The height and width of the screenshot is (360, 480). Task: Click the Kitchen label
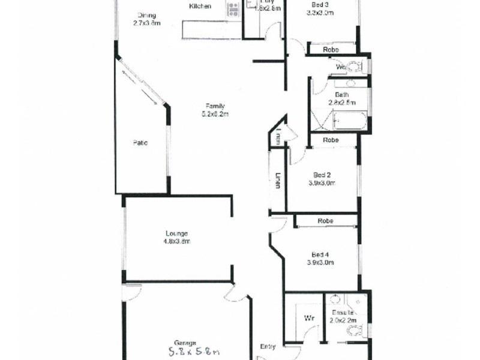(x=200, y=7)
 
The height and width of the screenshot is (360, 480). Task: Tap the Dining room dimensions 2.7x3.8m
(x=147, y=24)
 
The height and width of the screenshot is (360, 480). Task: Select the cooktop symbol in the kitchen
(x=233, y=9)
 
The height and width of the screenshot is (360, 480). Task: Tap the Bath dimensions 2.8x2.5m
(x=342, y=103)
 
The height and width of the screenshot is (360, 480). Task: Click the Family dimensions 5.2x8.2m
(x=216, y=113)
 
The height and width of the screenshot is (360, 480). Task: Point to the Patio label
(x=140, y=143)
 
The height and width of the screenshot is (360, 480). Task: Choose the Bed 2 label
(x=320, y=175)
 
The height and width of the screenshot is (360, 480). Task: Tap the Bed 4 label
(x=320, y=254)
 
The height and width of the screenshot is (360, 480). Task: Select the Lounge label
(x=177, y=233)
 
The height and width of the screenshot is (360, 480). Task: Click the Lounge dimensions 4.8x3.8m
(x=177, y=241)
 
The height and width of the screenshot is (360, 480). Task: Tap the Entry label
(x=268, y=346)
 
